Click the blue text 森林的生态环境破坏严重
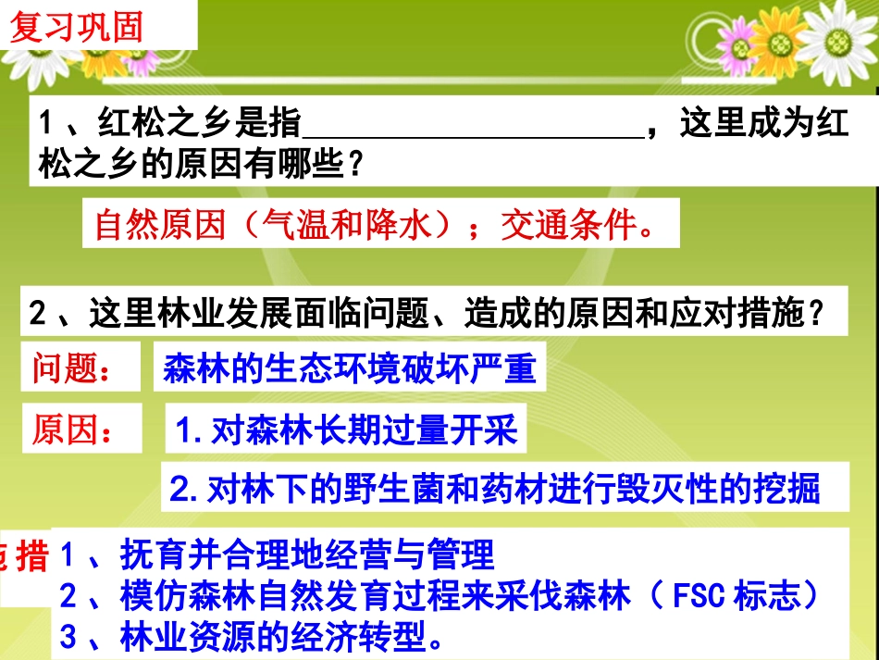[350, 368]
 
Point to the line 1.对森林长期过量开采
[346, 430]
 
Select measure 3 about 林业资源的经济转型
[250, 637]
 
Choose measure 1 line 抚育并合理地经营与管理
[278, 555]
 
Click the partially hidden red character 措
[33, 555]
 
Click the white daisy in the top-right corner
[836, 37]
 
